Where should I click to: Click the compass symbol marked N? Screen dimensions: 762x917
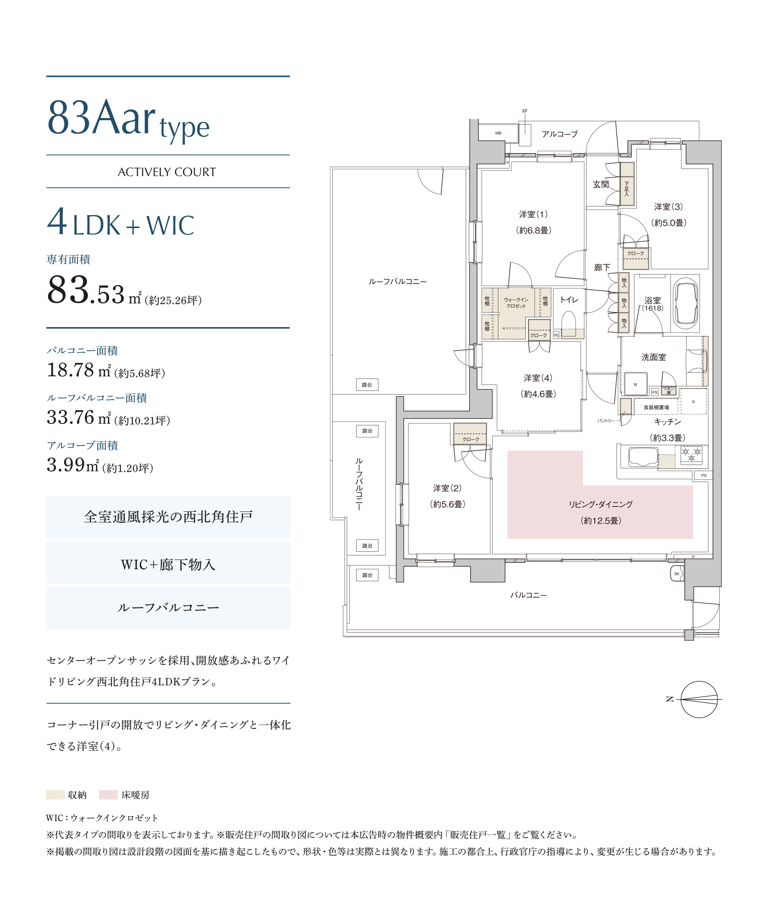(x=699, y=700)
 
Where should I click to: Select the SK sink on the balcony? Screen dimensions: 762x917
(x=676, y=574)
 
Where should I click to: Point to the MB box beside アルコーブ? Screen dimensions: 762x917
(x=498, y=133)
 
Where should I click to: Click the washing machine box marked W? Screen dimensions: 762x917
(x=635, y=384)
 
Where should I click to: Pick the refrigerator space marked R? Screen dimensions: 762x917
(x=693, y=401)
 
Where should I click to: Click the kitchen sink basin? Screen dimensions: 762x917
(x=643, y=457)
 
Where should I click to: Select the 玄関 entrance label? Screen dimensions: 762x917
(x=600, y=185)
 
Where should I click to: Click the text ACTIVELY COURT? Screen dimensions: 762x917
(x=167, y=172)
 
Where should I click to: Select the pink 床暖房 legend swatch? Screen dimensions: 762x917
(x=108, y=795)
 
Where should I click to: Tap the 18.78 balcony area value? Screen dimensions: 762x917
(x=70, y=370)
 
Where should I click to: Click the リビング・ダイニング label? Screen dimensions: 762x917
(x=600, y=504)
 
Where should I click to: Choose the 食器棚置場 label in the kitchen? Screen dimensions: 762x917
(x=656, y=407)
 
